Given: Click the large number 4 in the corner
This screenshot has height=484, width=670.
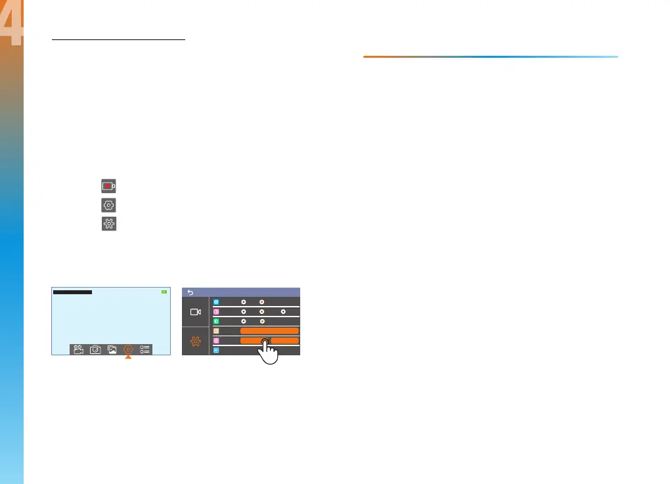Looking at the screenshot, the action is tap(12, 26).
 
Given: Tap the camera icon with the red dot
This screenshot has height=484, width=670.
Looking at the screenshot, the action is tap(108, 187).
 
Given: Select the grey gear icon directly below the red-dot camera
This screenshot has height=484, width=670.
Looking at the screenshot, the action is tap(108, 205).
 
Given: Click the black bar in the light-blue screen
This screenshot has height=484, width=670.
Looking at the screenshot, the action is tap(72, 292).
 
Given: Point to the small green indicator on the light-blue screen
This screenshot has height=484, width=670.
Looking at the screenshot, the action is tap(164, 292).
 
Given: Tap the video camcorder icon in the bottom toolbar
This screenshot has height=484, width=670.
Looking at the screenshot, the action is tap(79, 349).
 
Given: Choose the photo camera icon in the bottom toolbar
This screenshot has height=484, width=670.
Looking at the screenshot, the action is tap(95, 349).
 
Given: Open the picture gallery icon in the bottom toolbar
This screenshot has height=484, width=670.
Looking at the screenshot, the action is tap(112, 349).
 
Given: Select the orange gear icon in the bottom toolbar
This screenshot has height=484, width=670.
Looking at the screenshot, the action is tap(129, 349).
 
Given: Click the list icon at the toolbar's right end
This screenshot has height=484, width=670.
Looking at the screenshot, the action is tap(145, 349).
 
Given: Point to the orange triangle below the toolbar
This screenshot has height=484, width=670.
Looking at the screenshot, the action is tap(129, 358).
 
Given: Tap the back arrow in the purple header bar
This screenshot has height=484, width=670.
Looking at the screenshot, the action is tap(190, 292).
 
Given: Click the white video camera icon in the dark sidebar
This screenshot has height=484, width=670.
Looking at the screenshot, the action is tap(195, 312).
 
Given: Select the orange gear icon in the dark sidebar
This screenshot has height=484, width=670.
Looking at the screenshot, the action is tap(195, 341).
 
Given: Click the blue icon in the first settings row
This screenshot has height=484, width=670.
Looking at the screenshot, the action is tap(216, 301).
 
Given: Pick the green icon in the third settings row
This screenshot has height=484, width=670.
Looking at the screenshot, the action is tap(216, 321).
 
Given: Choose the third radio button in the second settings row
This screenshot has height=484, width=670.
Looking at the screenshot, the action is tap(283, 311).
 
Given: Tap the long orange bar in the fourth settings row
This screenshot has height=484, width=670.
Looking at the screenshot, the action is tap(269, 331).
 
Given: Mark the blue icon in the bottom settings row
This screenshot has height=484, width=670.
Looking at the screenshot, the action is tap(216, 351).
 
